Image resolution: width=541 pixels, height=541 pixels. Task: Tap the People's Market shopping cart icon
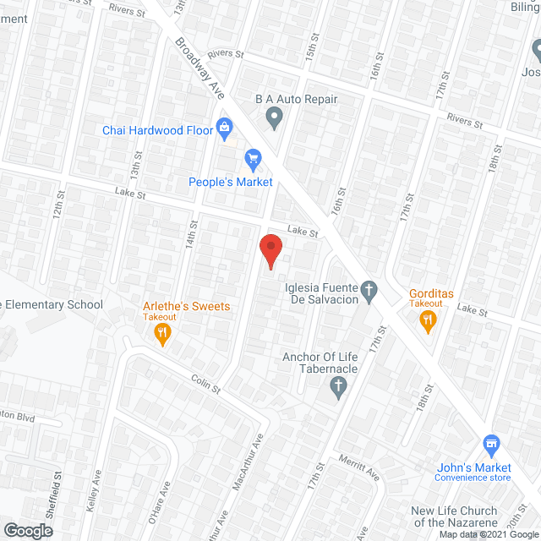click(252, 158)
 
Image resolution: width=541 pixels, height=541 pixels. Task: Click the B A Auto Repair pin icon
click(273, 118)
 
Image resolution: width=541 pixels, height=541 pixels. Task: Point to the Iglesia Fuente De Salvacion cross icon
click(369, 292)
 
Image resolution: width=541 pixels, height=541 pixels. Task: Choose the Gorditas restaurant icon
click(428, 320)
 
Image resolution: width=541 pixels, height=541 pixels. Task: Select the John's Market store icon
click(490, 444)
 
